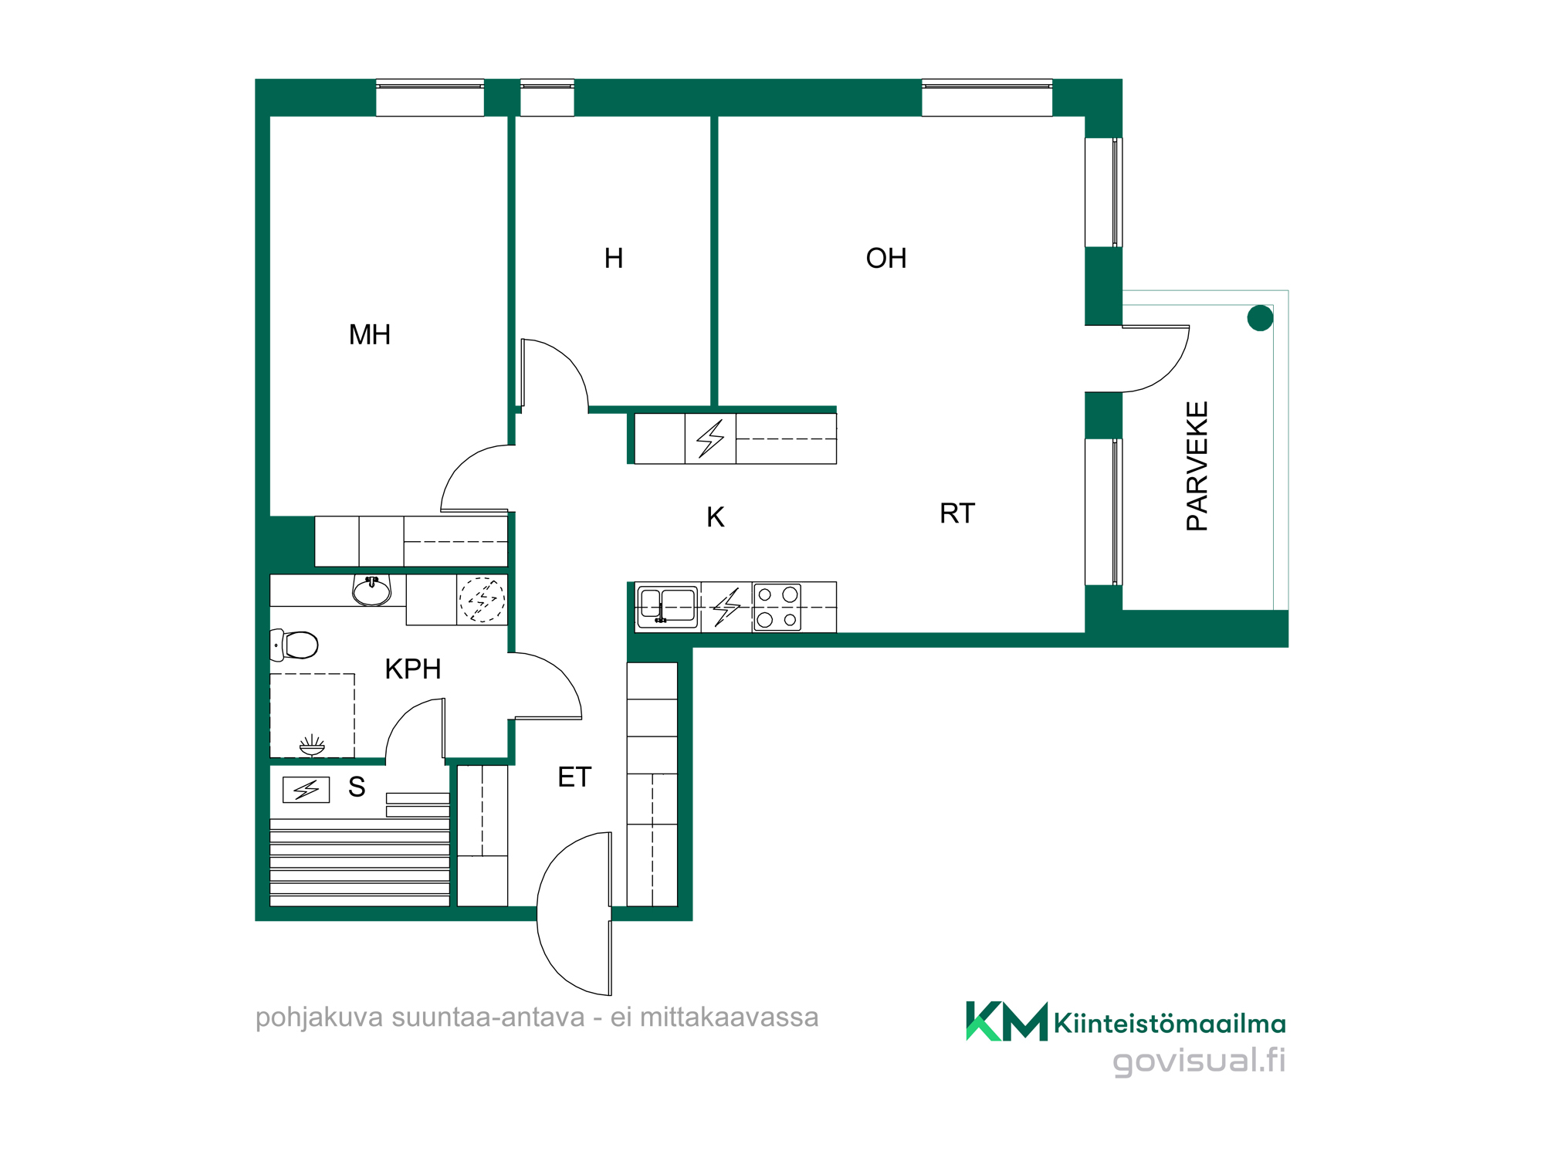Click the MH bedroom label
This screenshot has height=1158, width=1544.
click(370, 335)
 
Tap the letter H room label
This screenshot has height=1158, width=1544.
click(614, 259)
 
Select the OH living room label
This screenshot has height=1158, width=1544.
click(886, 259)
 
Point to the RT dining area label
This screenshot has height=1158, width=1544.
click(957, 513)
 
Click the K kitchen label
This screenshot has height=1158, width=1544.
click(716, 517)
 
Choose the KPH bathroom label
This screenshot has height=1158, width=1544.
click(413, 669)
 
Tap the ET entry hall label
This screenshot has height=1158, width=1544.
click(574, 777)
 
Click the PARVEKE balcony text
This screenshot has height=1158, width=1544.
click(1197, 466)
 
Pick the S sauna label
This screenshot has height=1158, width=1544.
click(357, 787)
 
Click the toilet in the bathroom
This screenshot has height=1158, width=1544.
click(295, 645)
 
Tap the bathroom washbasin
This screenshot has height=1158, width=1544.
click(371, 591)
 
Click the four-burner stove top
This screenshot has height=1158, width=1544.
click(777, 607)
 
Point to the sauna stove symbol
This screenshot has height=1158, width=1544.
click(306, 789)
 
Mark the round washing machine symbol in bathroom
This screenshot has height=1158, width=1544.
click(482, 599)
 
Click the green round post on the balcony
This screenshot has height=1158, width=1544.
click(1260, 317)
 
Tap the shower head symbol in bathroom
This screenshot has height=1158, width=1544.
click(312, 745)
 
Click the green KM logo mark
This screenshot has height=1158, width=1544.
click(1007, 1021)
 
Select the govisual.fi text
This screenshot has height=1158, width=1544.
click(1199, 1060)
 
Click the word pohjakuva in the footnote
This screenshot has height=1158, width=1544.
click(320, 1017)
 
